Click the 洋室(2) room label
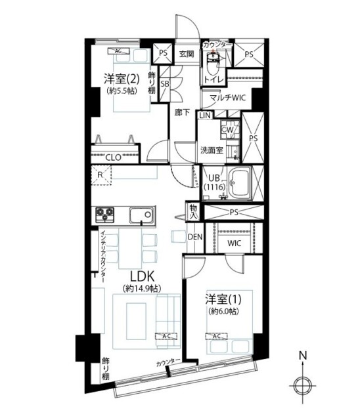[x=120, y=79]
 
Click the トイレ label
[x=212, y=80]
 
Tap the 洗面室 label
[x=212, y=150]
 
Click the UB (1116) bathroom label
[x=214, y=181]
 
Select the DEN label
[x=194, y=236]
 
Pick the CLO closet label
[x=113, y=157]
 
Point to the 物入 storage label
[x=194, y=211]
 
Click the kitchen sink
[x=141, y=215]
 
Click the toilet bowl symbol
[x=212, y=64]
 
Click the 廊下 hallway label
[x=182, y=112]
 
